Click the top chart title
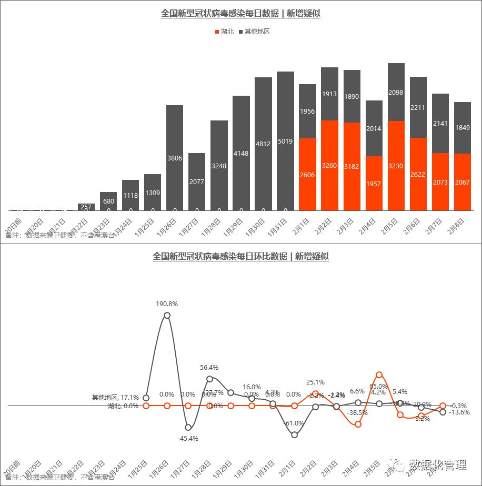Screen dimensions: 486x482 coord(240,14)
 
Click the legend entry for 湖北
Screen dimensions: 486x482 coord(224,32)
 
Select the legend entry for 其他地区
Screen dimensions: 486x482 coord(255,32)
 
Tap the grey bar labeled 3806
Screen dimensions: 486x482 coord(175,158)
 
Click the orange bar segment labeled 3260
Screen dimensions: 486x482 coord(329,165)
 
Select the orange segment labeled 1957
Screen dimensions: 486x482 coord(374,183)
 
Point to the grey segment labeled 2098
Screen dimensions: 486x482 coord(396,92)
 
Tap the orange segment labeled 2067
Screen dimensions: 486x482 coord(462,182)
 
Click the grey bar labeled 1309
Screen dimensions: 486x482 coord(153,192)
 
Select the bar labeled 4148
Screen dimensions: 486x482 coord(241,153)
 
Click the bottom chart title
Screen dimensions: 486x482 coord(240,257)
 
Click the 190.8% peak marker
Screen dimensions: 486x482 coord(167,316)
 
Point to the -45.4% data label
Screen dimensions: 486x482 coord(188,439)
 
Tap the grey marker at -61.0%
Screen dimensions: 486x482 coord(294,435)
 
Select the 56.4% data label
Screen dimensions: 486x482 coord(209,368)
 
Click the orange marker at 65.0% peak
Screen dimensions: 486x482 coord(379,375)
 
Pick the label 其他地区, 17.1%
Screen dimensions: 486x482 coord(115,398)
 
